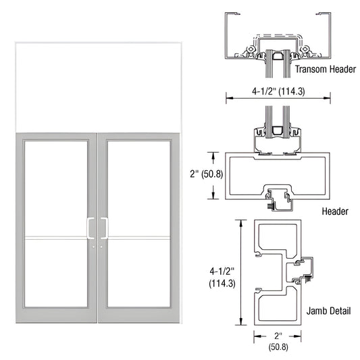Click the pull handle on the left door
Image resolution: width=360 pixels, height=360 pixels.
pyautogui.click(x=89, y=228)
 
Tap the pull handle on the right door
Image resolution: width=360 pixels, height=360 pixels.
pyautogui.click(x=104, y=228)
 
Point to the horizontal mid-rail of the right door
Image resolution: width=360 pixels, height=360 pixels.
pyautogui.click(x=138, y=238)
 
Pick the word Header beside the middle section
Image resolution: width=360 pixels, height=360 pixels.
pyautogui.click(x=335, y=211)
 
